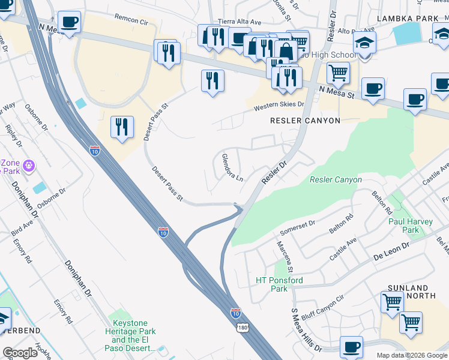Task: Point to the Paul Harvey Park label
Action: (x=411, y=226)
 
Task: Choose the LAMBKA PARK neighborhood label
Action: (x=408, y=19)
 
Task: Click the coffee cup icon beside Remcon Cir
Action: (x=70, y=22)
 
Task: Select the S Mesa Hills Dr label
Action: (x=307, y=330)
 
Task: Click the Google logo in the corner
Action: (x=20, y=353)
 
